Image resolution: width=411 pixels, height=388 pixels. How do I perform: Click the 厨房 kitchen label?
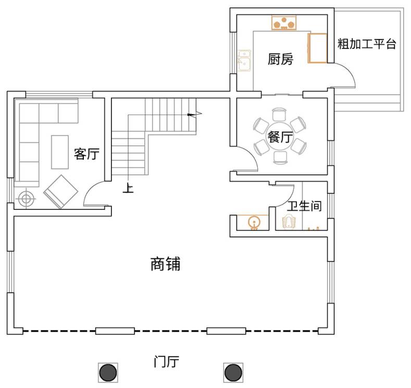[280, 59]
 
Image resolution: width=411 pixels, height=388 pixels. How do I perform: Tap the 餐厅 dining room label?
[280, 137]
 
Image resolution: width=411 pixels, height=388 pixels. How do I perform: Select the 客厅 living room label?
[86, 154]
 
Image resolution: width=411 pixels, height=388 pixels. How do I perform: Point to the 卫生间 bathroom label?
[304, 206]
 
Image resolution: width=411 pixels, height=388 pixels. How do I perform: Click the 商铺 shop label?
[166, 264]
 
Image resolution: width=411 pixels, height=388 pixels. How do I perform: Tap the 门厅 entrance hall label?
[167, 361]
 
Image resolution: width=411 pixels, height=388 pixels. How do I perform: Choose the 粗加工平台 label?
[366, 44]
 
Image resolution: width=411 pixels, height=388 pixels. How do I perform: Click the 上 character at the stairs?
[128, 188]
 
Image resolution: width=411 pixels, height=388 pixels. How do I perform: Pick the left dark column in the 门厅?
[108, 372]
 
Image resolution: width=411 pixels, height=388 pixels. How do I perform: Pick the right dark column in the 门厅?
[233, 372]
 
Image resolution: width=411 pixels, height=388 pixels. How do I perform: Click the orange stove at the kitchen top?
[284, 23]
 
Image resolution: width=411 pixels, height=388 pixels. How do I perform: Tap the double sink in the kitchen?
[244, 60]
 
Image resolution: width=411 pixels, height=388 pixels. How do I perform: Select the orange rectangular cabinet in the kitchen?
[317, 48]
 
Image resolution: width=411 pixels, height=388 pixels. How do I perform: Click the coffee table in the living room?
[60, 152]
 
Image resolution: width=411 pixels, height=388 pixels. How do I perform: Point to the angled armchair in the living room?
[61, 192]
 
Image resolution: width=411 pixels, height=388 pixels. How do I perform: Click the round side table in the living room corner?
[26, 198]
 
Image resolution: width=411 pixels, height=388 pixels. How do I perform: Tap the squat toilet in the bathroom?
[289, 221]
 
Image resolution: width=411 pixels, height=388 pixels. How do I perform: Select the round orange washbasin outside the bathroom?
[254, 222]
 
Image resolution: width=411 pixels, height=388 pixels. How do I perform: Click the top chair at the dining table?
[279, 114]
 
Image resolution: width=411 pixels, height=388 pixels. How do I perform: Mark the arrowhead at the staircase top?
[191, 115]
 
